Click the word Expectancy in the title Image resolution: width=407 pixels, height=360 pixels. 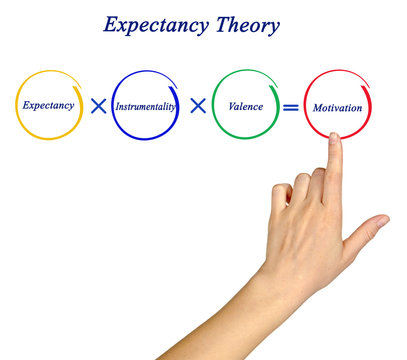coord(156,25)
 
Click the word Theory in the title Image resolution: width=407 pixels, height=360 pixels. coord(247,24)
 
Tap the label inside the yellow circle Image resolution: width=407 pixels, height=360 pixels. coord(48,104)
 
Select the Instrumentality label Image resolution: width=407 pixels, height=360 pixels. coord(146,105)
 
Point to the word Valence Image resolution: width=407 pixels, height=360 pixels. coord(245,104)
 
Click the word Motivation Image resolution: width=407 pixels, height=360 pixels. coord(337,107)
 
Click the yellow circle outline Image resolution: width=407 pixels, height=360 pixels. coord(17,104)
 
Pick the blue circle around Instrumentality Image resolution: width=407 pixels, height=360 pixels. coord(113,105)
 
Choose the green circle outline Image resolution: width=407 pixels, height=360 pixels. coord(213,104)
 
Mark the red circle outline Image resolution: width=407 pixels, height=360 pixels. coord(305,105)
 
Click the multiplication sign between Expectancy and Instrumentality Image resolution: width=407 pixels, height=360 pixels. coord(98,106)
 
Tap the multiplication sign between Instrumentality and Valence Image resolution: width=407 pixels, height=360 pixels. coord(197,105)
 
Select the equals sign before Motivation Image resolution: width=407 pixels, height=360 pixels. coord(290,106)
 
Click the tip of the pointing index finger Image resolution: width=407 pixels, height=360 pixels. coord(334,138)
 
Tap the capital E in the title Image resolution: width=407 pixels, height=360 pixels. coord(111,25)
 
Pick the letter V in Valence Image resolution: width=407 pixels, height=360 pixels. coord(232,104)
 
